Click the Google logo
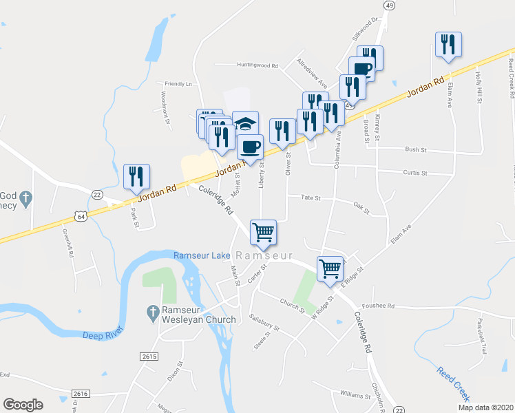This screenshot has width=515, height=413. (23, 405)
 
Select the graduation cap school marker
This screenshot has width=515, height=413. (245, 125)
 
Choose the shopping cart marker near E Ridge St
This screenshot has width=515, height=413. (330, 268)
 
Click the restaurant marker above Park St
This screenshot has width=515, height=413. (135, 177)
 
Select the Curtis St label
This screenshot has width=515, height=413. (415, 173)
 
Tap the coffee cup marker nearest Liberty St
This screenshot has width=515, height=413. (250, 146)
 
